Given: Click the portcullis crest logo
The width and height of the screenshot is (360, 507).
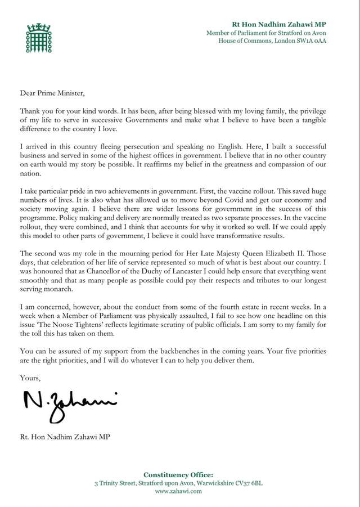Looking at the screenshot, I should click(x=34, y=36).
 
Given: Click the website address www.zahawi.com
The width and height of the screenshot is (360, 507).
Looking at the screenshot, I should click(x=178, y=491).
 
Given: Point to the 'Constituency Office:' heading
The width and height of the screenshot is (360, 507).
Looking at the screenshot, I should click(x=178, y=475).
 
